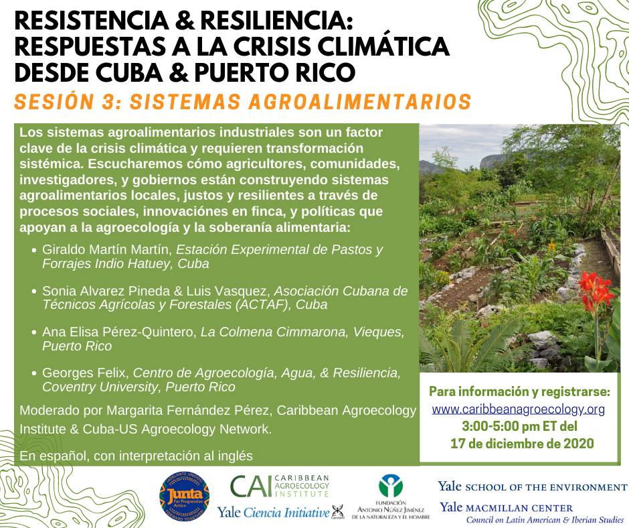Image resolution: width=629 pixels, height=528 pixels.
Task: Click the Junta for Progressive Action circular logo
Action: click(185, 497)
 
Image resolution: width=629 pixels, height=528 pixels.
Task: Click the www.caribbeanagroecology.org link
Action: click(519, 409)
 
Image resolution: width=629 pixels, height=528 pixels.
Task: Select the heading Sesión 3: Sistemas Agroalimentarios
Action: click(243, 102)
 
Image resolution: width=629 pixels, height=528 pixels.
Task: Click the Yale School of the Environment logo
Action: click(533, 486)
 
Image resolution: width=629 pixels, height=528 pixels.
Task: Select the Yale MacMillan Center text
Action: click(507, 507)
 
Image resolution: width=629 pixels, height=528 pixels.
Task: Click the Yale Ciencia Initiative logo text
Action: click(273, 513)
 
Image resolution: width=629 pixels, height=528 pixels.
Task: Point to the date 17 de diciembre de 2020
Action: click(522, 444)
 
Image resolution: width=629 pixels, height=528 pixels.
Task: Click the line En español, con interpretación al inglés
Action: click(136, 456)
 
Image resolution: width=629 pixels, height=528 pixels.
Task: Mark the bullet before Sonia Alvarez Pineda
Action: click(34, 291)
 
